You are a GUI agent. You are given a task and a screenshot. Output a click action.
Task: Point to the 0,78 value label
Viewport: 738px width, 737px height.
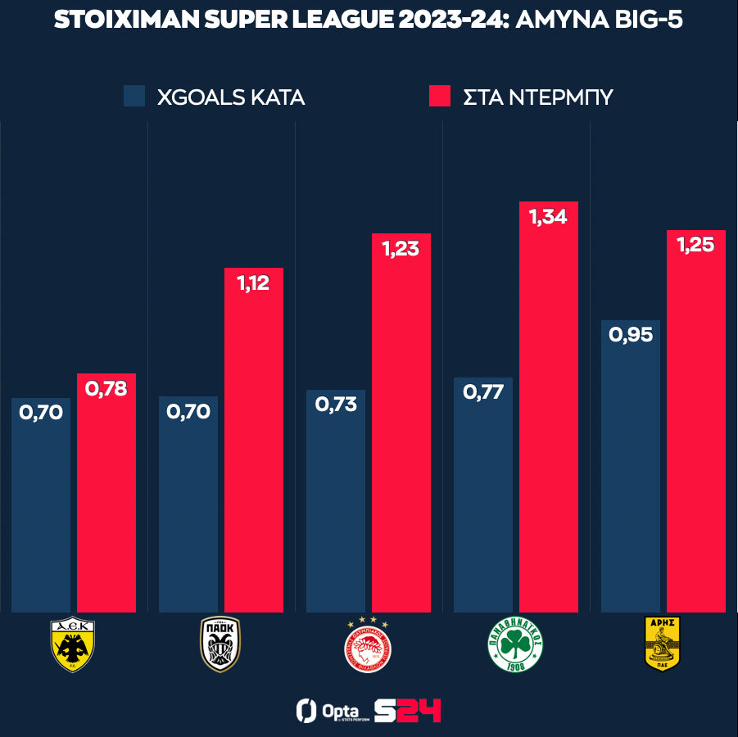coord(106,389)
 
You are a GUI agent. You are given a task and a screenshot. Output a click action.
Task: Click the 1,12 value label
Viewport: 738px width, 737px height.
coord(253,283)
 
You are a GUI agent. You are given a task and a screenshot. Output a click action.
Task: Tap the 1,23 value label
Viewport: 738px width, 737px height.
coord(401,249)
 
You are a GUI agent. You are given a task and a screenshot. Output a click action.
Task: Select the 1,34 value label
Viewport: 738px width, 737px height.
coord(548,218)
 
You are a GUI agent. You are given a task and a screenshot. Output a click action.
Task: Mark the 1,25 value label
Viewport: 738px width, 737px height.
coord(695,246)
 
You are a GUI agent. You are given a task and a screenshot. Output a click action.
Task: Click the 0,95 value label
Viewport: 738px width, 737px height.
coord(630,335)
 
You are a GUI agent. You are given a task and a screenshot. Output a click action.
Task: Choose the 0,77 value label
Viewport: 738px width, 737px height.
coord(482,392)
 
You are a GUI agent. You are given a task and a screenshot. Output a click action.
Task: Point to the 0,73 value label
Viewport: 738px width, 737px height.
coord(335,405)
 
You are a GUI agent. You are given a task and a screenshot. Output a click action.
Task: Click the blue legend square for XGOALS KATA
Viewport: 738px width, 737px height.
coord(134,96)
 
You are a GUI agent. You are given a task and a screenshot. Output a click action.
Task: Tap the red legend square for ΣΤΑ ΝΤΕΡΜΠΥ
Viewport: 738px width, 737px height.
coord(440,96)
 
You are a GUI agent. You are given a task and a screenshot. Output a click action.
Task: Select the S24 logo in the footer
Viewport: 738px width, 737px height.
coord(407,710)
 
